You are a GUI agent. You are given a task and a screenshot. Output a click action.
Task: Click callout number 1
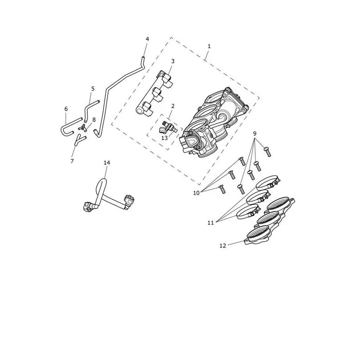click(209, 46)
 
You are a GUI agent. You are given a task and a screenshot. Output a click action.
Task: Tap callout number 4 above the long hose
click(147, 39)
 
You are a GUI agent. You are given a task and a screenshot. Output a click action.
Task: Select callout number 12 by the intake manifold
click(223, 246)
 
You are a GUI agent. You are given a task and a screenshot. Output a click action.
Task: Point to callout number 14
click(107, 163)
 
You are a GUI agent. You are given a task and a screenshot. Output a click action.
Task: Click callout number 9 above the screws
click(254, 134)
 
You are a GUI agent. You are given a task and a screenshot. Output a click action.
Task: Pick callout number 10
click(196, 193)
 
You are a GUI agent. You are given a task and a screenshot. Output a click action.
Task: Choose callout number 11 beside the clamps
click(211, 223)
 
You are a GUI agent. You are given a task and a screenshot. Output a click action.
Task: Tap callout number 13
click(165, 138)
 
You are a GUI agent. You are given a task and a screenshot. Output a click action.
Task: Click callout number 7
click(72, 161)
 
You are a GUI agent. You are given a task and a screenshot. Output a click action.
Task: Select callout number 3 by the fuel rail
click(173, 61)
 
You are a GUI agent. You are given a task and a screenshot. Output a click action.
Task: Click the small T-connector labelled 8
click(83, 128)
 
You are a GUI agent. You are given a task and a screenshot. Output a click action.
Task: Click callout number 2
click(173, 106)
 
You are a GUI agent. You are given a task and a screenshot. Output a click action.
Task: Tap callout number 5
click(93, 89)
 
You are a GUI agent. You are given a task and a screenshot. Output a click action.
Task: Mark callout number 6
click(66, 109)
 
